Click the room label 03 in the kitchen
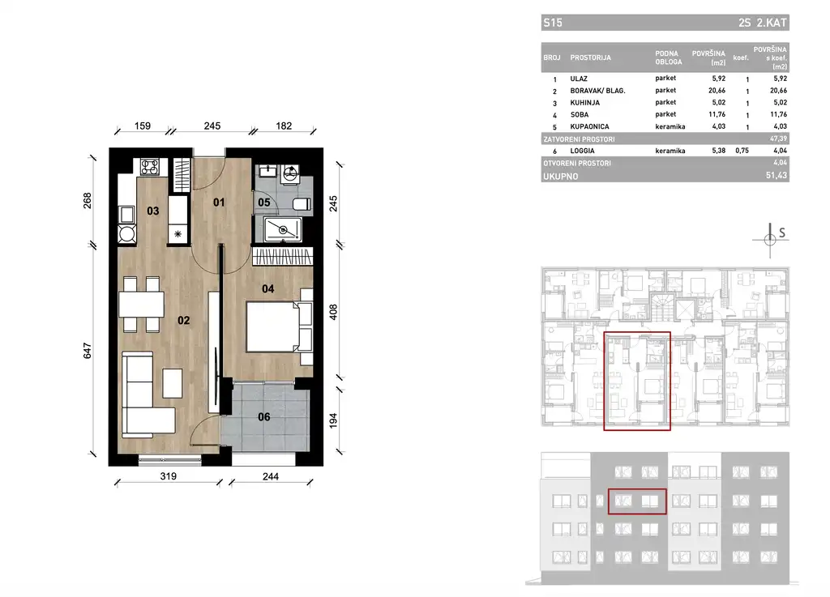click(152, 211)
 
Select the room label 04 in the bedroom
click(268, 287)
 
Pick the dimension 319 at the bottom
click(169, 476)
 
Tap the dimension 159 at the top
click(141, 126)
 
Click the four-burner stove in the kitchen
click(150, 168)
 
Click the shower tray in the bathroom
click(281, 229)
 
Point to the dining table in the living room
click(141, 304)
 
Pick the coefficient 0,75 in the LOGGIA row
click(741, 151)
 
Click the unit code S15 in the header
click(553, 23)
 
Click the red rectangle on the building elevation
click(637, 501)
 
